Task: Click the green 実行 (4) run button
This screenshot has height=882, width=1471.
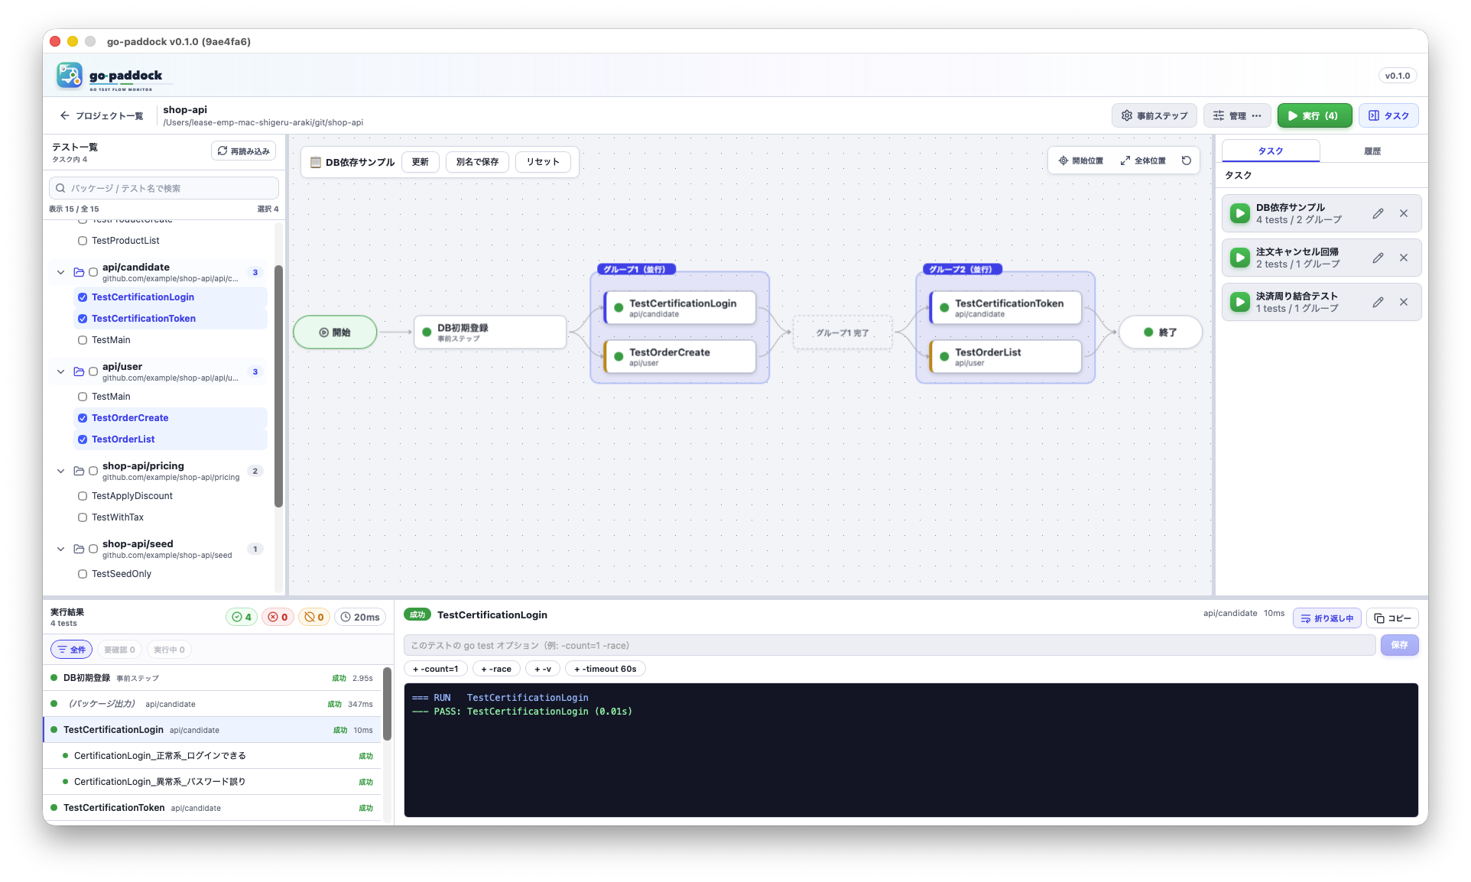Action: (1314, 115)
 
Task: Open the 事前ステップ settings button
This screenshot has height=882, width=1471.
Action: (1154, 115)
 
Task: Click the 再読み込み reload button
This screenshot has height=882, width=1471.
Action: (243, 151)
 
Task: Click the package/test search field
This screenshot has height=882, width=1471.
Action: (164, 188)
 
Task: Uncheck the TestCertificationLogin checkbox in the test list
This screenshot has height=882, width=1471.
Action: (83, 297)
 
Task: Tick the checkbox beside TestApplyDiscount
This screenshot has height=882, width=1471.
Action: (83, 496)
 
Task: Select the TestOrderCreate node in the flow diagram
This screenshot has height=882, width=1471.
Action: (680, 357)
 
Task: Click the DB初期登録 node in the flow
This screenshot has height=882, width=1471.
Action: (490, 332)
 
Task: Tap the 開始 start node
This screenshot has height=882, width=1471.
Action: (335, 332)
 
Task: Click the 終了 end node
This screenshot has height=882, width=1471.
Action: (1160, 332)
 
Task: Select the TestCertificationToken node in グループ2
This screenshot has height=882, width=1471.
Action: (1005, 307)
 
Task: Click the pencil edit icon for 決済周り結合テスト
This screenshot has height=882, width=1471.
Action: (1378, 302)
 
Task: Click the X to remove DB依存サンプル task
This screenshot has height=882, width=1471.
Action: (1404, 213)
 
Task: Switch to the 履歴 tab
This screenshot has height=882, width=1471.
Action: (1372, 151)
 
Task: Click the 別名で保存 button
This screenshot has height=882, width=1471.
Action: (477, 162)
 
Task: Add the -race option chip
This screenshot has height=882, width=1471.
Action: (496, 669)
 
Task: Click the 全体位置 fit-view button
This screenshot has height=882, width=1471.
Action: (1143, 161)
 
